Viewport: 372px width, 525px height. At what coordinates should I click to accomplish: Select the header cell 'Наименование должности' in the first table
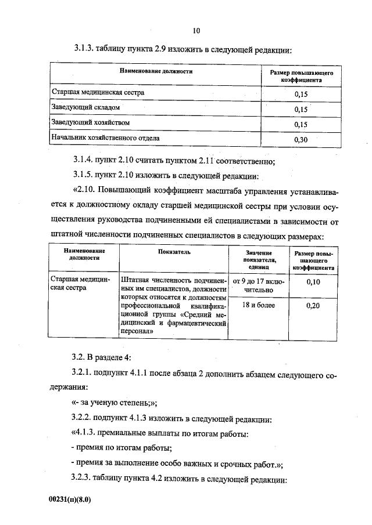156,72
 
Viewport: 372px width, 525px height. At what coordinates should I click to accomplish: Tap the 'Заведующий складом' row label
86,108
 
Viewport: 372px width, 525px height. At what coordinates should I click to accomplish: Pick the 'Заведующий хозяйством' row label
91,123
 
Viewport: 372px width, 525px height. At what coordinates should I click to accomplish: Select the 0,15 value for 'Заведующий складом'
301,108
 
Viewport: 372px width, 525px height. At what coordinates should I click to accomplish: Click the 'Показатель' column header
174,252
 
